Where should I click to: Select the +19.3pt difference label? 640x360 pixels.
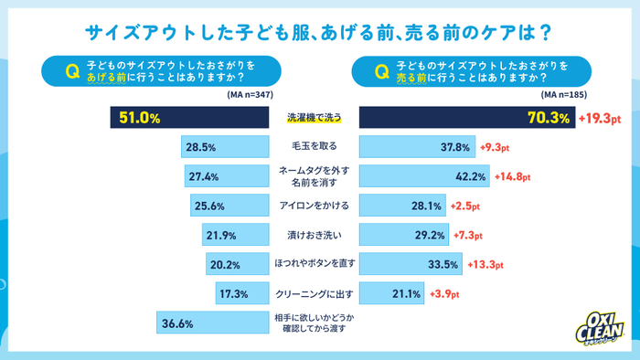click(604, 118)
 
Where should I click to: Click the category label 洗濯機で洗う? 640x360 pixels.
click(313, 118)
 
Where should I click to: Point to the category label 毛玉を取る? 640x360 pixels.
click(313, 147)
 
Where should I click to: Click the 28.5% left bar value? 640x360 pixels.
click(199, 147)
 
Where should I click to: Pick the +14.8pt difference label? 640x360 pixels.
click(512, 176)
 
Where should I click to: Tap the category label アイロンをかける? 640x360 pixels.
click(313, 206)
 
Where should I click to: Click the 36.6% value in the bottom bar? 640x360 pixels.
click(176, 323)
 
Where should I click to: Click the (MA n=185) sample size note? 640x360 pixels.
click(563, 94)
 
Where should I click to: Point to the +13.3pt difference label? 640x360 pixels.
click(485, 265)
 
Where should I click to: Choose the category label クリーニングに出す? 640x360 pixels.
click(313, 294)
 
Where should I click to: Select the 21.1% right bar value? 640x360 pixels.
click(405, 294)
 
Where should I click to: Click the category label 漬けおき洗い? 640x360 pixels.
click(313, 235)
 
